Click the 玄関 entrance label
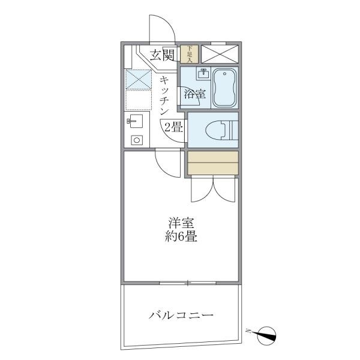[162, 56]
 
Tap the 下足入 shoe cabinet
[190, 54]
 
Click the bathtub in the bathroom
[224, 88]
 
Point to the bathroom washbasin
[202, 76]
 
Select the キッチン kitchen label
[166, 97]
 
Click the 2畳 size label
[173, 127]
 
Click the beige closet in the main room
[212, 162]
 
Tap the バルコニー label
[181, 314]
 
